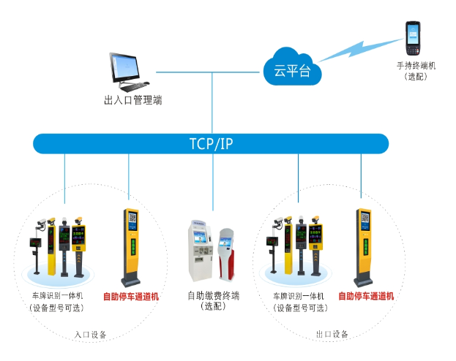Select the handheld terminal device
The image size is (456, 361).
414,39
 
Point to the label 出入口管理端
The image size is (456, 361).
132,99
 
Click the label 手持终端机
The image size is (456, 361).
415,66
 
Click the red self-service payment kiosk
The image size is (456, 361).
227,255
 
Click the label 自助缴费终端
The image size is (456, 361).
213,296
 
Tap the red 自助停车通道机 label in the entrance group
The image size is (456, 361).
131,297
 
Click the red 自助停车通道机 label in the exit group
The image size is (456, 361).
366,296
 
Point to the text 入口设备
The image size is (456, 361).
91,335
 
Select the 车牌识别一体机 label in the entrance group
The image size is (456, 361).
56,296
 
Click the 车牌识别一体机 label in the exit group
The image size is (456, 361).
299,296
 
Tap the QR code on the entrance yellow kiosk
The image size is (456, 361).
132,218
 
